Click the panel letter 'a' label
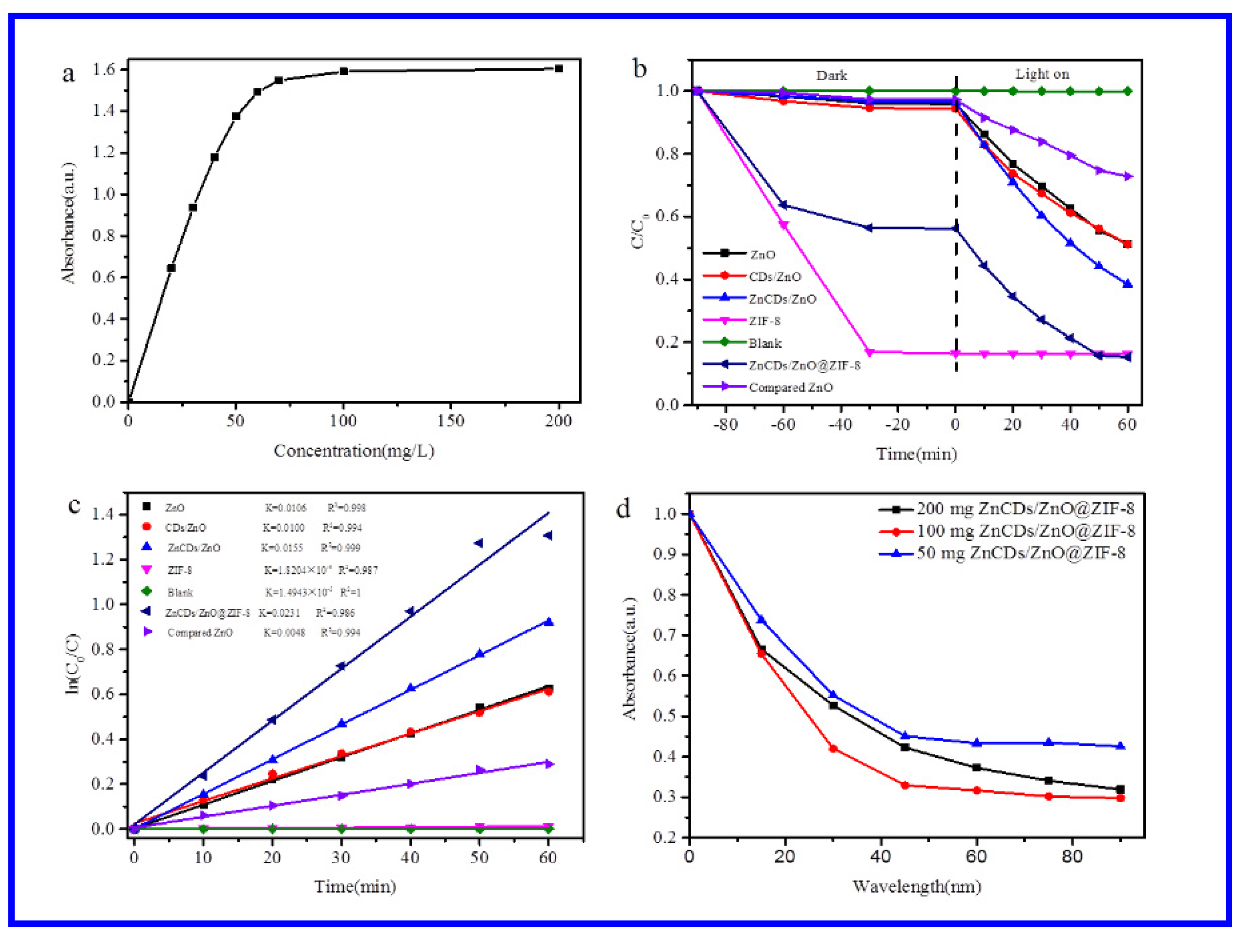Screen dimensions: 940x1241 tap(68, 75)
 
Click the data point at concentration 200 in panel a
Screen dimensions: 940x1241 tap(559, 68)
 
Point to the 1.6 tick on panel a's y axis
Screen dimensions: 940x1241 tap(103, 69)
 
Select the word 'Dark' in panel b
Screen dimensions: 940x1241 tap(831, 76)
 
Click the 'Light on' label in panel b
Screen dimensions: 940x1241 tap(1042, 74)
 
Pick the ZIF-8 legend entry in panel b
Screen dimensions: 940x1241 tap(764, 321)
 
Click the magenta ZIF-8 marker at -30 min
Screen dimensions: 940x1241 tap(870, 352)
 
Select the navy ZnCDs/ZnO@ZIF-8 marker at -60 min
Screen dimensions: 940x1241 tap(783, 205)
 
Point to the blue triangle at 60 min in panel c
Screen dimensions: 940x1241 tap(548, 622)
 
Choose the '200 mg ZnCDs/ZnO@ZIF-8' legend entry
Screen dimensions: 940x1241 tap(1025, 509)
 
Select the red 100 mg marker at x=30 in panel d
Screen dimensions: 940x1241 tap(833, 748)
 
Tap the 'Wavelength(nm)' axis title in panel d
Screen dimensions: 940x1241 tap(917, 887)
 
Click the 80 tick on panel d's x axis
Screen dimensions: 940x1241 tap(1072, 857)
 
